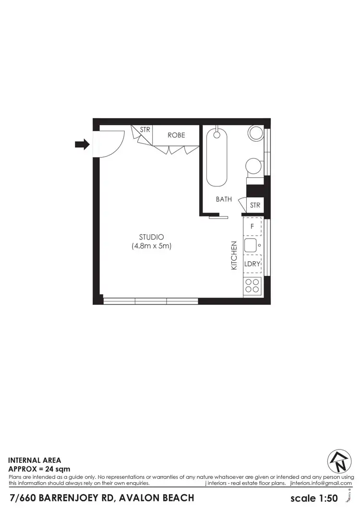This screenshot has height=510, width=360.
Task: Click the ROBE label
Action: pyautogui.click(x=176, y=135)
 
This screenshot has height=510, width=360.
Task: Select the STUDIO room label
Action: pyautogui.click(x=152, y=237)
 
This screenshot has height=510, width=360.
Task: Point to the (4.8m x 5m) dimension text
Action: pyautogui.click(x=152, y=246)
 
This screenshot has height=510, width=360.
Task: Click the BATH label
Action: pyautogui.click(x=224, y=199)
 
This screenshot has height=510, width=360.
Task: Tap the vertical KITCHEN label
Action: pyautogui.click(x=234, y=255)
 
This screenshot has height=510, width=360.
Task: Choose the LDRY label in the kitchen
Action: pyautogui.click(x=252, y=264)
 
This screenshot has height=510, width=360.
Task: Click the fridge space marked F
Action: pyautogui.click(x=252, y=226)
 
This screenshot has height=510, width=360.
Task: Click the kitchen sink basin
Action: pyautogui.click(x=251, y=245)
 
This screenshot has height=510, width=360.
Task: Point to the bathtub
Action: pyautogui.click(x=217, y=157)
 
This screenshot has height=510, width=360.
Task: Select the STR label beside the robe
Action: pyautogui.click(x=145, y=130)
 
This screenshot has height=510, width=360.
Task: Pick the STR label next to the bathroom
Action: pyautogui.click(x=255, y=205)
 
